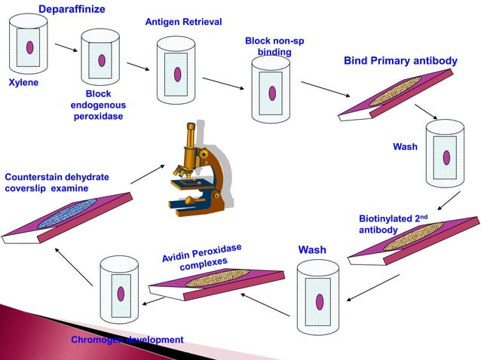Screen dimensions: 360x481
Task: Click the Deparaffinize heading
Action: point(72,9)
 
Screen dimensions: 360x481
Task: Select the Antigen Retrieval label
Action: point(183,22)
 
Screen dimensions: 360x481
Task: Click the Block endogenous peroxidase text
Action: point(98,105)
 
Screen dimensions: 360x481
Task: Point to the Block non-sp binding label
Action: point(274,46)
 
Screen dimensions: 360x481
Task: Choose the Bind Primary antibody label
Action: point(400,60)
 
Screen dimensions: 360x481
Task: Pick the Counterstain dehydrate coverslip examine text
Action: point(57,182)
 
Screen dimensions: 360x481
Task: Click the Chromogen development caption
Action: point(127,340)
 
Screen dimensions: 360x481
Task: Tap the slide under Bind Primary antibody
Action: point(395,97)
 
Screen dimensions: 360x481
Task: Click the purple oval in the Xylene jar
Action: point(29,47)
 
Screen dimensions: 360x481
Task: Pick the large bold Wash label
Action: point(312,249)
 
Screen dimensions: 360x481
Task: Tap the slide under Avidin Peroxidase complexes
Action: point(215,280)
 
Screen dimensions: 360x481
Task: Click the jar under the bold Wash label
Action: point(320,300)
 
